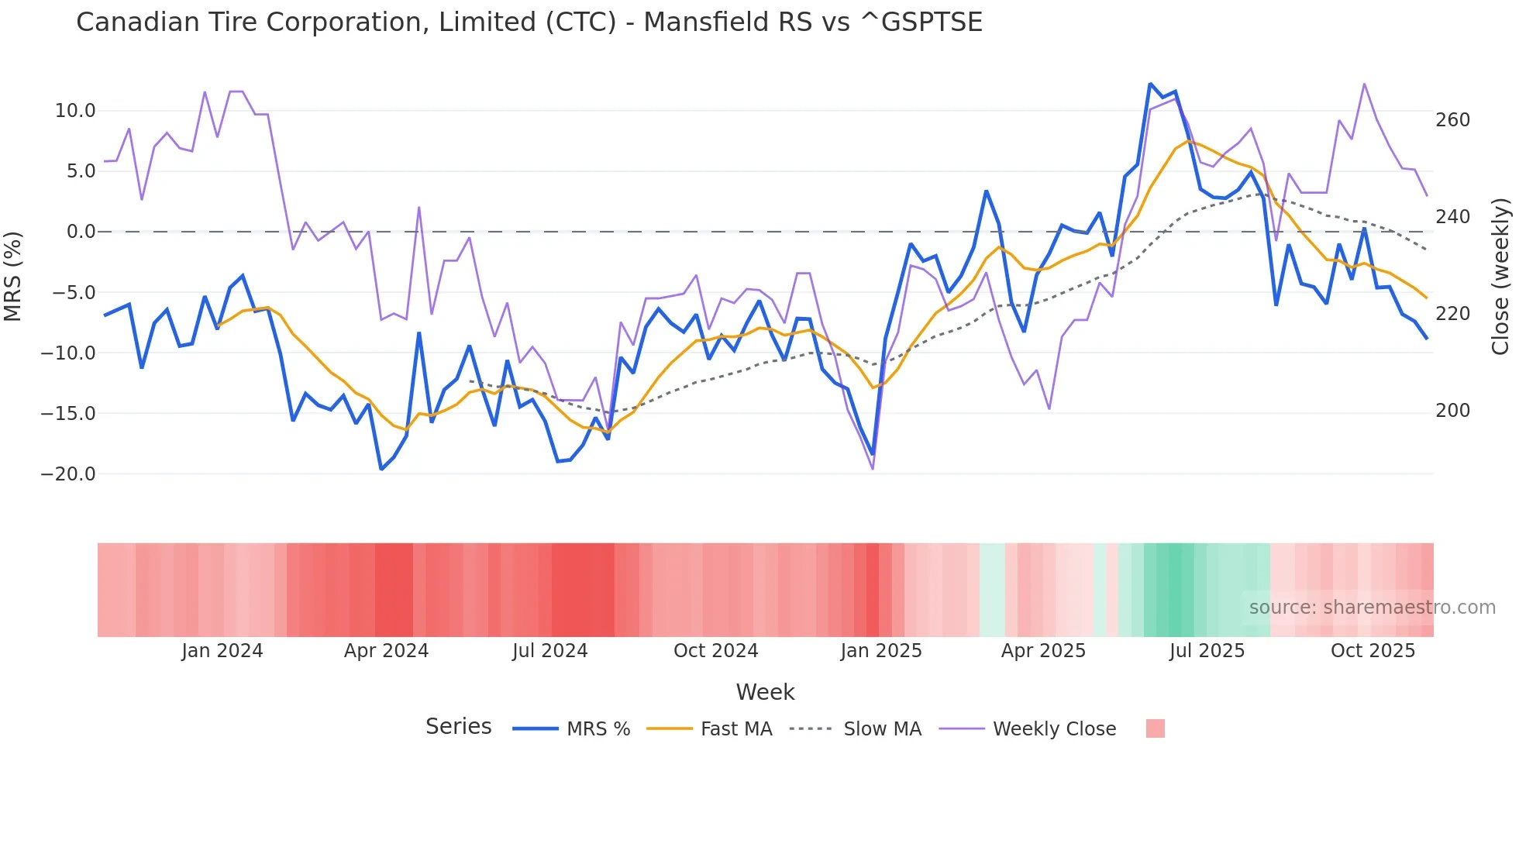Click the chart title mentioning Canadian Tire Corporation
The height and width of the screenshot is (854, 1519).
(529, 22)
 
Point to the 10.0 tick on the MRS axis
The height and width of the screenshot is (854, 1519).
(75, 111)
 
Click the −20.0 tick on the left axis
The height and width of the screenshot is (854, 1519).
(68, 473)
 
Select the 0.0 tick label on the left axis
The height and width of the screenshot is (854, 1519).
(81, 232)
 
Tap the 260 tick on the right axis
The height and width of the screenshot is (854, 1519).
(1452, 120)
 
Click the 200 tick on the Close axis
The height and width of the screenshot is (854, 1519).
(1452, 411)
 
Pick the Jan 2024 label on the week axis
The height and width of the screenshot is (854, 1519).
(222, 651)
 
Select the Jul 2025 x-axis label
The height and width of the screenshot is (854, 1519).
(1207, 651)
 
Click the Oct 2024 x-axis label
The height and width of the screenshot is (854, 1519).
(715, 651)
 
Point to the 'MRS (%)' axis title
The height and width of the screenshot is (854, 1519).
(13, 276)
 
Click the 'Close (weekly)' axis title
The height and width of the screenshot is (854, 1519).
(1500, 276)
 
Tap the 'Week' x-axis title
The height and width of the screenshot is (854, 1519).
(765, 692)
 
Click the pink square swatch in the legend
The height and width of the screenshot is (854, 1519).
(1155, 728)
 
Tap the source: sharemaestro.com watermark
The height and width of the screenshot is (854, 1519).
(1372, 608)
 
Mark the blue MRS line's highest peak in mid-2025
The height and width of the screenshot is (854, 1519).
(1150, 84)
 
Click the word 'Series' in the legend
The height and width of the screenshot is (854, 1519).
(458, 727)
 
